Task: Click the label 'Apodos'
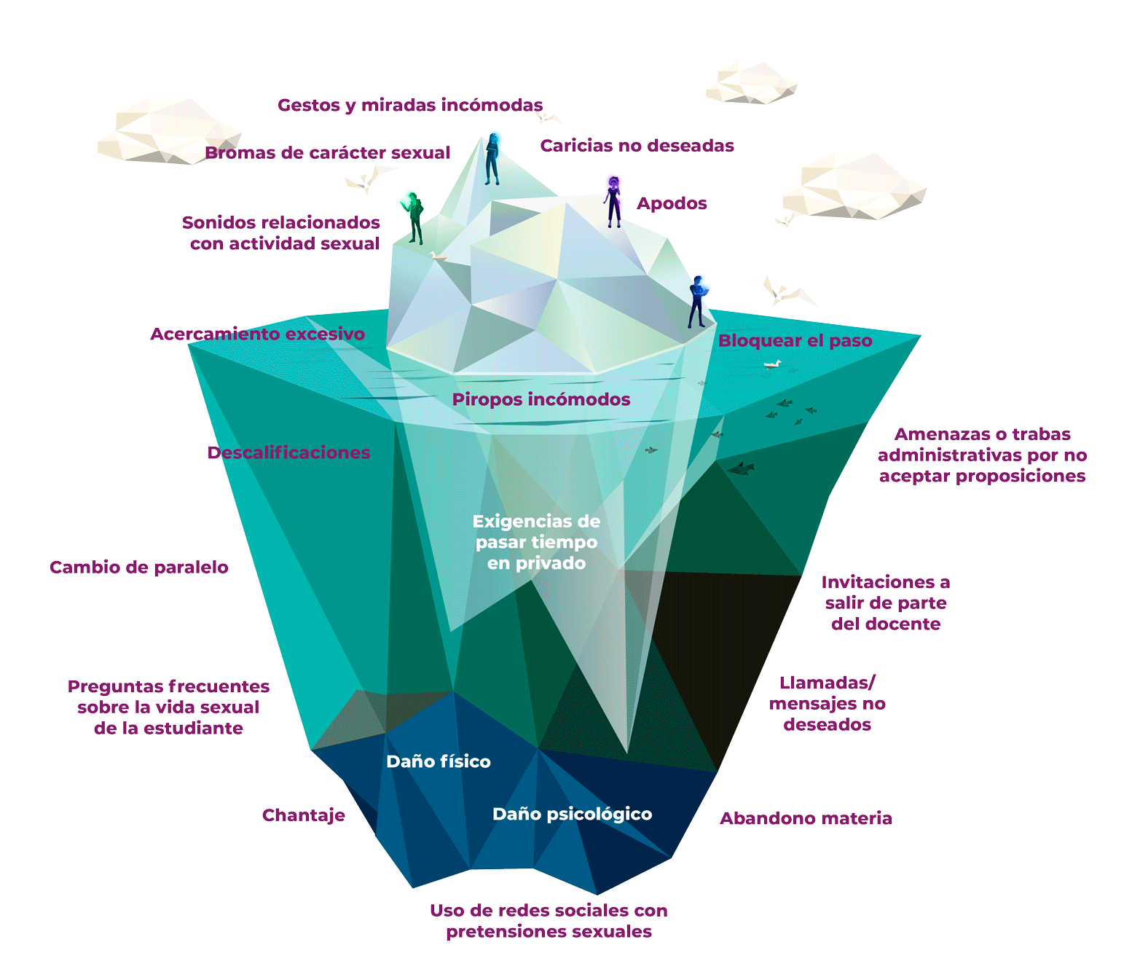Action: (x=672, y=203)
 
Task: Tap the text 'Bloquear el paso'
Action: (x=795, y=340)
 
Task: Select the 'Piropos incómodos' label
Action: (x=541, y=399)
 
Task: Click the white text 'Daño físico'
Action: (x=439, y=761)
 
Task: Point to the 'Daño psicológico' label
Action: (x=572, y=814)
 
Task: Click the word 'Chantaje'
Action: (x=303, y=815)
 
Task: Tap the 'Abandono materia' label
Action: (x=806, y=818)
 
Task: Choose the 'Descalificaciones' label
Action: (x=288, y=452)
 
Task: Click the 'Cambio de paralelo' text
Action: (x=139, y=568)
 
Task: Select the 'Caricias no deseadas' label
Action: (x=637, y=146)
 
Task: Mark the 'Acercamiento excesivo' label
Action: (x=257, y=334)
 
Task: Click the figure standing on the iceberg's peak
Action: (x=493, y=157)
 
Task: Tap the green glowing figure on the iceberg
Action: (x=414, y=216)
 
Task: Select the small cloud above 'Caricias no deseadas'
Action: (x=751, y=82)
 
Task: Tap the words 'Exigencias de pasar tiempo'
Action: (x=536, y=531)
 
